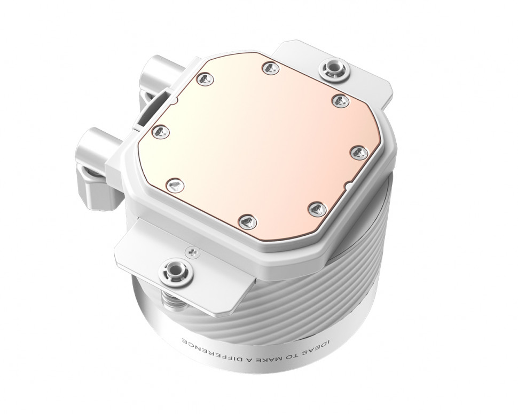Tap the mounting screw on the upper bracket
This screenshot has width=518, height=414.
(x=327, y=68)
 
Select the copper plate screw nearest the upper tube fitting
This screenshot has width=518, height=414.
(x=205, y=79)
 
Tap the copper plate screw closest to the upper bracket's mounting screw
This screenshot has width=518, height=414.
(x=271, y=68)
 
